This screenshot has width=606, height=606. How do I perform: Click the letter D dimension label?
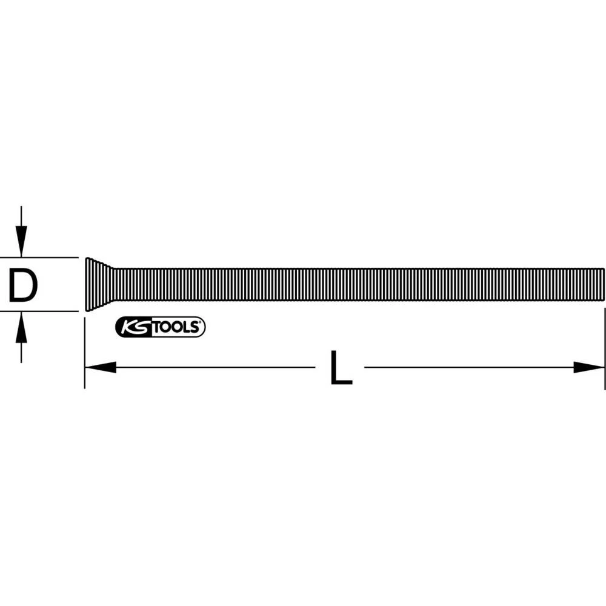[x=22, y=285]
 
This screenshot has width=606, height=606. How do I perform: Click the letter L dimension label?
[x=341, y=368]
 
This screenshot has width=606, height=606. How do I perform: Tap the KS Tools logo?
[x=160, y=327]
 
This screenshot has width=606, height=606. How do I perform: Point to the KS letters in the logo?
[x=132, y=327]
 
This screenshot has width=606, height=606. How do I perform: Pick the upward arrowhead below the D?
[x=21, y=325]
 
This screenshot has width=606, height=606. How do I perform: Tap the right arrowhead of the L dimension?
[x=589, y=367]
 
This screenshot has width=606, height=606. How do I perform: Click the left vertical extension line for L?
[x=84, y=351]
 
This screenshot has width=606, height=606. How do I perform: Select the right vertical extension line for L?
[x=605, y=351]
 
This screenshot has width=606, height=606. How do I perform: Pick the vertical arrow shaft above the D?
[x=21, y=218]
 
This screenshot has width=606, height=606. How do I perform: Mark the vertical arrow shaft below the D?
[x=21, y=350]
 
